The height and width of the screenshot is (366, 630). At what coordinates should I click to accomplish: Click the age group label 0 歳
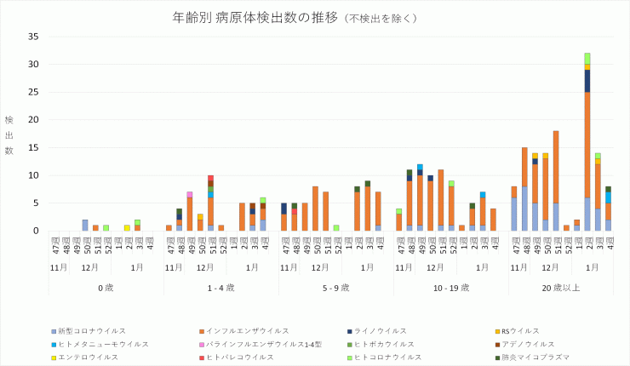pos(106,288)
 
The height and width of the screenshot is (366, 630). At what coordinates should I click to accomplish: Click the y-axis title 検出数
pos(9,135)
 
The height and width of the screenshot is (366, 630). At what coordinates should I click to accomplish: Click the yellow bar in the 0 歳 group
pos(127,228)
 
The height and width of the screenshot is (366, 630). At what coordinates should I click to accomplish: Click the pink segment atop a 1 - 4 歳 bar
pos(190,194)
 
